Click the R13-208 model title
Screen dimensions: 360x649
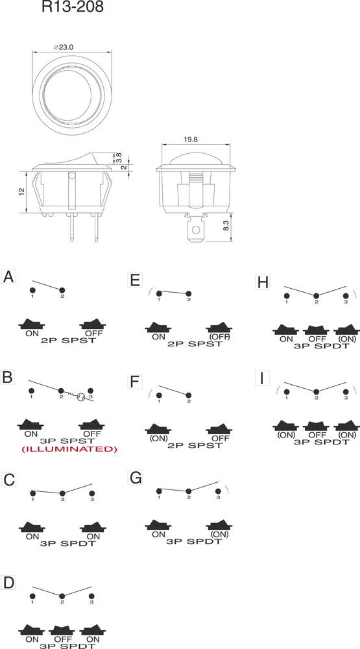coord(73,6)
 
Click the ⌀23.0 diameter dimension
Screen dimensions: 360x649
coord(64,47)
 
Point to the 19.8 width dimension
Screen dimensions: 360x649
coord(191,140)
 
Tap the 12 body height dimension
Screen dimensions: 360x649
coord(22,191)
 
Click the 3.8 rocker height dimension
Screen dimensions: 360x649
coord(119,157)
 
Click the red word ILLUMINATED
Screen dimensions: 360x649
coord(69,449)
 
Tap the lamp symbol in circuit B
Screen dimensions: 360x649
coord(82,397)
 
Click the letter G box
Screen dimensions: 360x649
coord(136,478)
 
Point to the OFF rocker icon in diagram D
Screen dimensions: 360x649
coord(62,630)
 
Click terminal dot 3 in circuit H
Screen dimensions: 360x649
coord(346,295)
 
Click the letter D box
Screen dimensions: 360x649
coord(8,582)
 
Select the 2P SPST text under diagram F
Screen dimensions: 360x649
coord(195,445)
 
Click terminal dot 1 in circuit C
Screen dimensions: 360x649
coord(32,493)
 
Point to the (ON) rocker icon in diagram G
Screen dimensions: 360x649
coord(219,524)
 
